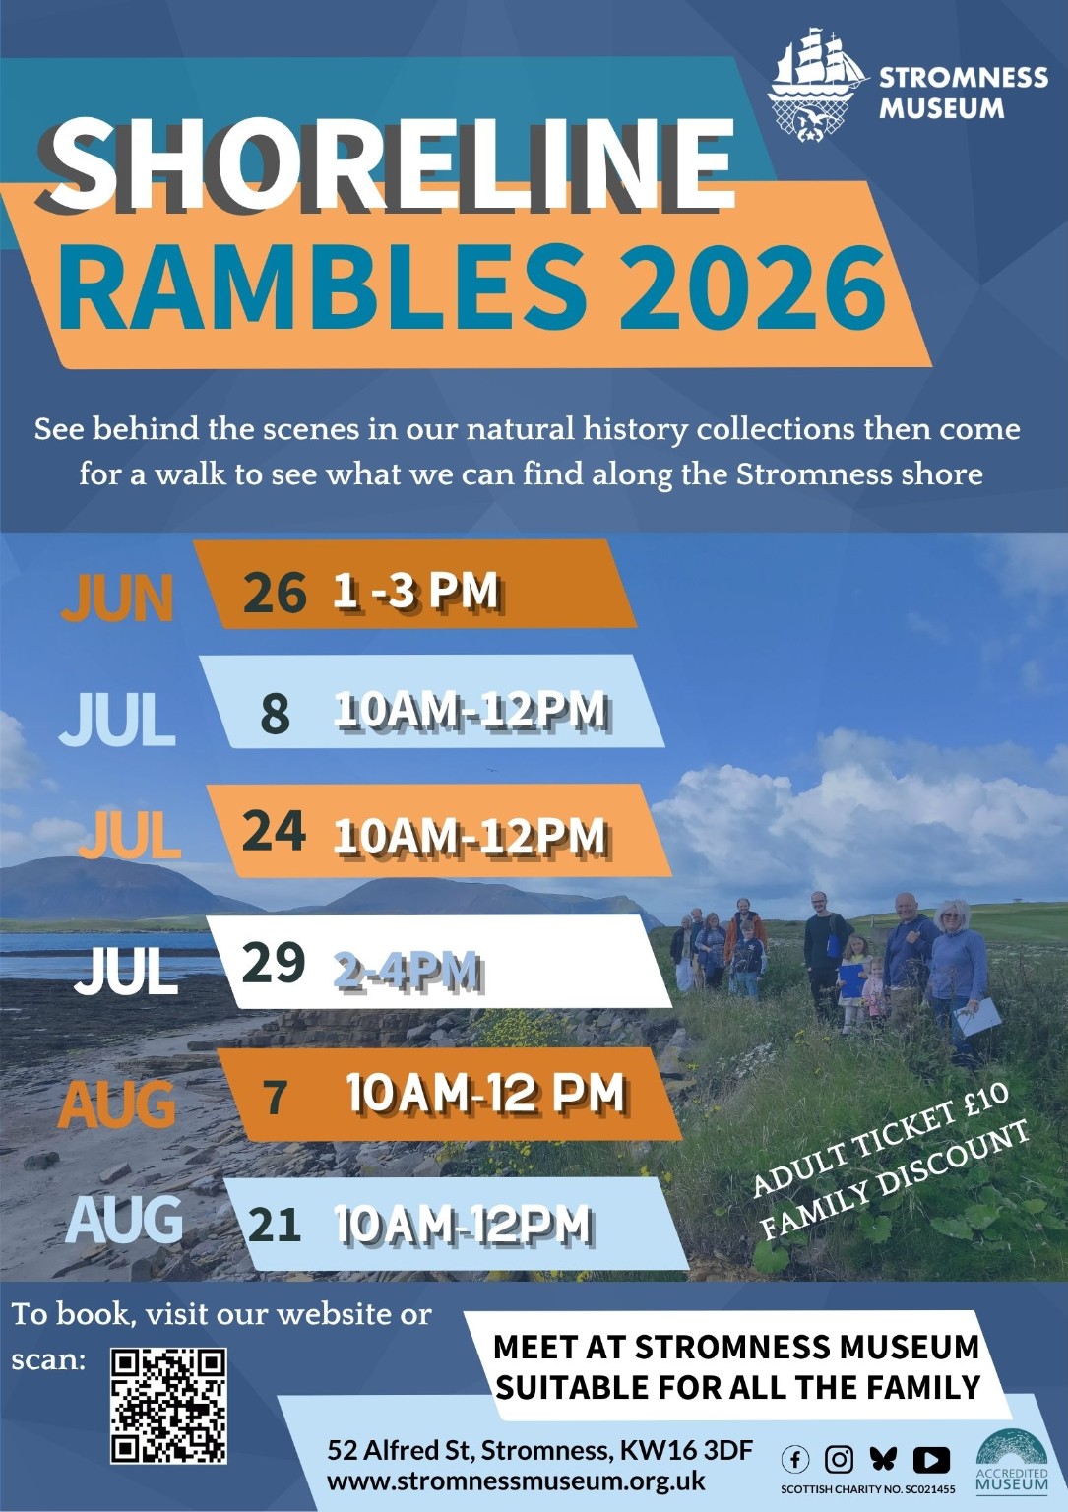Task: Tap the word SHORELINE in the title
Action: [386, 165]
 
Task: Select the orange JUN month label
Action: [117, 598]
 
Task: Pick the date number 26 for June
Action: [275, 592]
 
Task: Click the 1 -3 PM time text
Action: [415, 592]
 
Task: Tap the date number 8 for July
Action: [275, 714]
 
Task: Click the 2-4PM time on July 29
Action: [408, 972]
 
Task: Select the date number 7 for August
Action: [275, 1098]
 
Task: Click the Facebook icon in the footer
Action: [795, 1460]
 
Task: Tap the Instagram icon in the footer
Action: [839, 1460]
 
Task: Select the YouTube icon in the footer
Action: [931, 1460]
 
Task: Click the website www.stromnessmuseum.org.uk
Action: [517, 1480]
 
